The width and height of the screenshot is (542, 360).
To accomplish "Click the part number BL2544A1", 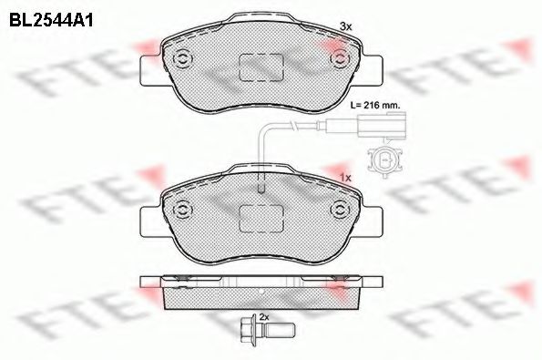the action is tap(51, 21).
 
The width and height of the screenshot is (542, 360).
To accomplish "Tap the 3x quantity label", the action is tap(345, 26).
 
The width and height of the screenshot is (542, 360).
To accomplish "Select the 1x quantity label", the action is tap(345, 178).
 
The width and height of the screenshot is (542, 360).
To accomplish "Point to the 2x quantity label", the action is tap(264, 316).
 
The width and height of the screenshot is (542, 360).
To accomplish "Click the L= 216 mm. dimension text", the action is tap(375, 105).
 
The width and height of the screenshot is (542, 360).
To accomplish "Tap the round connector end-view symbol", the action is tap(384, 159).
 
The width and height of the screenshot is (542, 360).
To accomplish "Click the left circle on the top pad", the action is tap(182, 60).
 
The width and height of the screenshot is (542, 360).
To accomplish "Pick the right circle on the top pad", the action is tap(340, 58).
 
